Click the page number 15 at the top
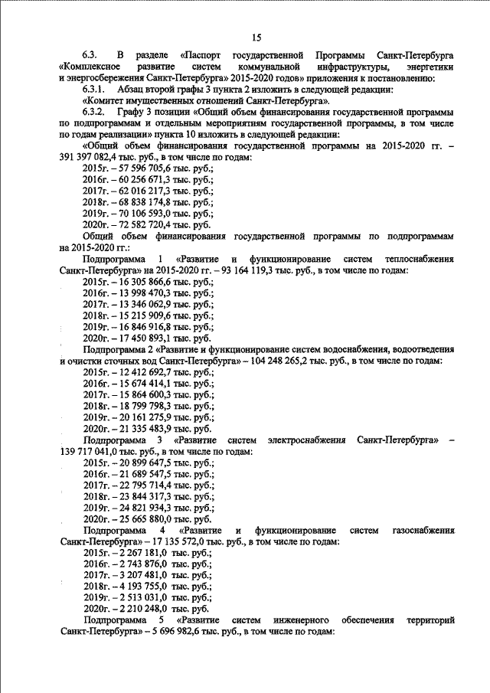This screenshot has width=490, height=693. tap(256, 38)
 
